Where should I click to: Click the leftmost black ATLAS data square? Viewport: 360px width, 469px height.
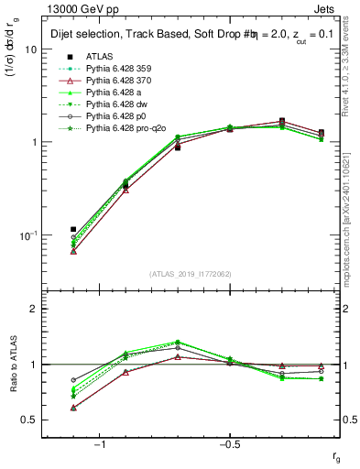tap(73, 229)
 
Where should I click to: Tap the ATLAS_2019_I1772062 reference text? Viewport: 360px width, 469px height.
tap(190, 274)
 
